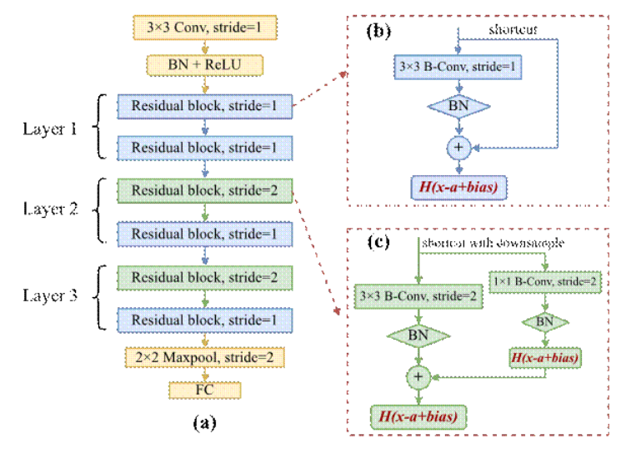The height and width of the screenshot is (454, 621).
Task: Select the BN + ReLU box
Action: tap(205, 64)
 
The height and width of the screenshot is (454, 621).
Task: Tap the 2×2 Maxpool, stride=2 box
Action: tap(205, 357)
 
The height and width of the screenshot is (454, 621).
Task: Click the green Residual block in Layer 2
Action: tap(205, 191)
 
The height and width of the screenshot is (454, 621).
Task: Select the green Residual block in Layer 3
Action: tap(205, 277)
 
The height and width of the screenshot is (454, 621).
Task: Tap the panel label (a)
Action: tap(205, 423)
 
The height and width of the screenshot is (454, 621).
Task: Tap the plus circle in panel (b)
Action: tap(457, 149)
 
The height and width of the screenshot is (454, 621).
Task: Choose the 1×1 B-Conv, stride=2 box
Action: tap(544, 282)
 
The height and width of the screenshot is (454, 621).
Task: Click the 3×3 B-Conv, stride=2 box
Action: tap(418, 295)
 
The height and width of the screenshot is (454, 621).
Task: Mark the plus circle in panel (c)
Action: tap(418, 376)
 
